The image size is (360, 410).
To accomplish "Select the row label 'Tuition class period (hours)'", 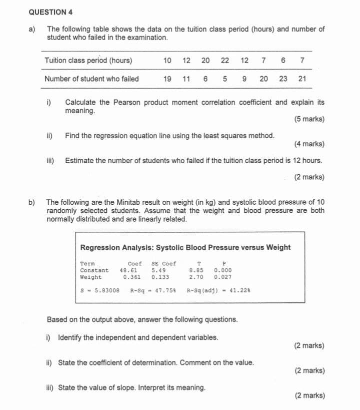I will click(x=88, y=61).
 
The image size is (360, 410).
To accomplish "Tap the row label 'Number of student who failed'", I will click(x=91, y=79).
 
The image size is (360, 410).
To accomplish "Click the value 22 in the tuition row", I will click(x=225, y=61).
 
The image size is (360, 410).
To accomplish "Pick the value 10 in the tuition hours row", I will click(x=167, y=61).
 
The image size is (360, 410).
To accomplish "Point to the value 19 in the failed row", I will click(x=167, y=79).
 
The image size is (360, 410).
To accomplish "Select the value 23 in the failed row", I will click(x=283, y=79).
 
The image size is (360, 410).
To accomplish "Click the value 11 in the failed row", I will click(x=186, y=79).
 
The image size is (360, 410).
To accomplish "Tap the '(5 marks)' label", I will click(x=309, y=119).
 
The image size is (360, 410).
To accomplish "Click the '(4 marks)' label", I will click(x=309, y=144).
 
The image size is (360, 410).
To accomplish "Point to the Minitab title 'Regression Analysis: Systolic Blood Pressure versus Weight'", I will click(x=185, y=247).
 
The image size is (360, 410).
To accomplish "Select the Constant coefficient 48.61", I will click(x=128, y=270).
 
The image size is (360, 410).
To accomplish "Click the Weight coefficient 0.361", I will click(x=131, y=277).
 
